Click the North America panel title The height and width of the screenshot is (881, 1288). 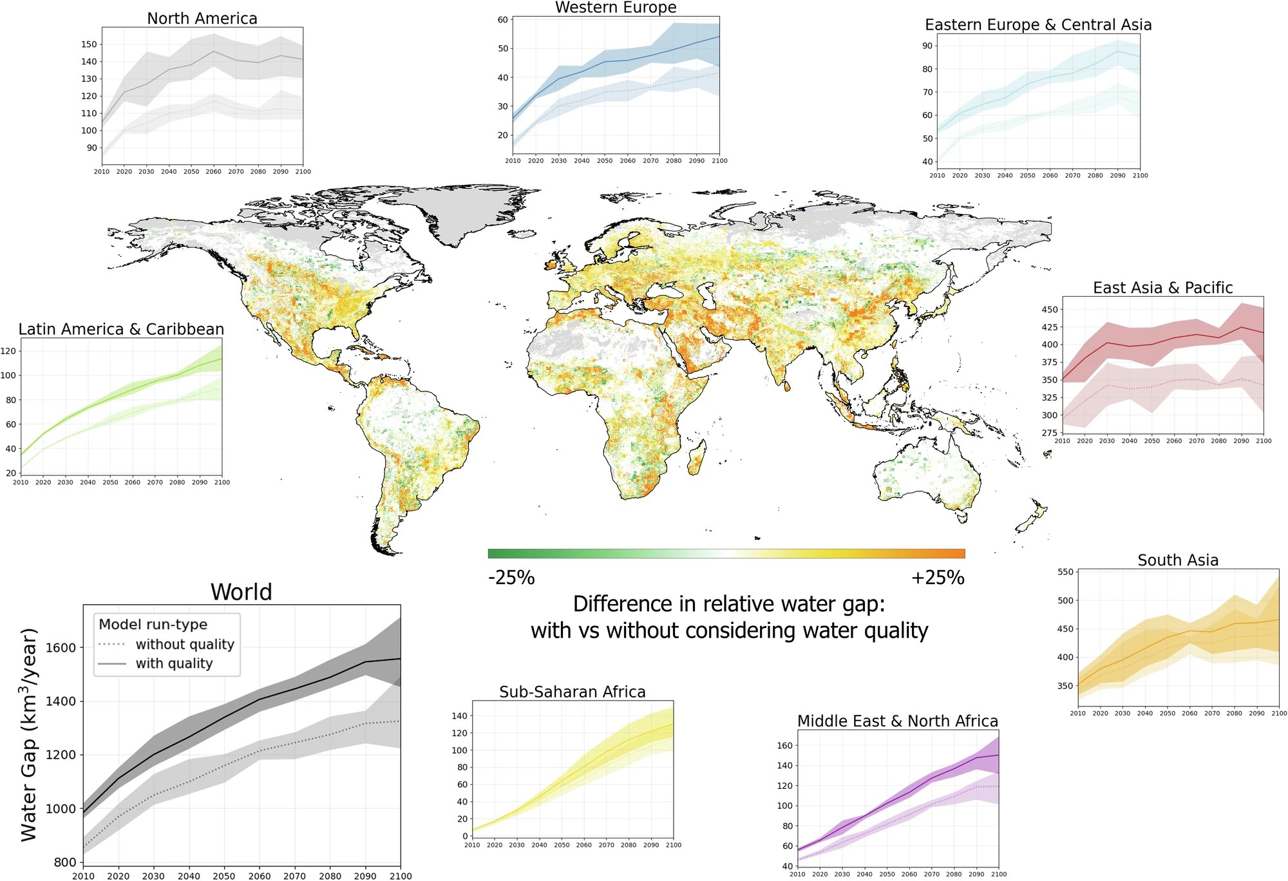[202, 19]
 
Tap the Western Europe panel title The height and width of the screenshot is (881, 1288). [616, 8]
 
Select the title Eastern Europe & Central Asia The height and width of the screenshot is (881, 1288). [1038, 24]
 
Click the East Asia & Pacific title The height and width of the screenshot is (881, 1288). [1162, 288]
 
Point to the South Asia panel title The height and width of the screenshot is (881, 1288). [1178, 560]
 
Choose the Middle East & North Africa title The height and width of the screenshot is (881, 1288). [898, 721]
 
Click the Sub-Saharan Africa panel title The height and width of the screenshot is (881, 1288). [573, 692]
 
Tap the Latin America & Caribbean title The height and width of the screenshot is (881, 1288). [121, 329]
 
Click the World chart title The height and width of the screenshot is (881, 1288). [241, 592]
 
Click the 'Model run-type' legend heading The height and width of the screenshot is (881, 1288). [153, 624]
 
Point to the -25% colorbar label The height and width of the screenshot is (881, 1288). [511, 578]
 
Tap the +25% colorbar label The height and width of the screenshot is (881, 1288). [938, 578]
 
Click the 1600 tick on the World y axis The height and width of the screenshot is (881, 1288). [61, 648]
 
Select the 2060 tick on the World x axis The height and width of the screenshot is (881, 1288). [260, 876]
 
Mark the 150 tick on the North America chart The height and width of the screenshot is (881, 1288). [90, 44]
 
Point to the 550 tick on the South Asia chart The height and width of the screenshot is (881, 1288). [1066, 572]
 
